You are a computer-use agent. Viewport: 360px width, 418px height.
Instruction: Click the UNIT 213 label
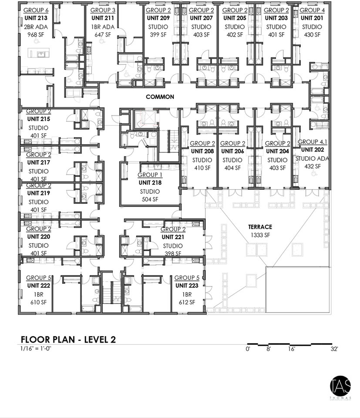pyautogui.click(x=37, y=18)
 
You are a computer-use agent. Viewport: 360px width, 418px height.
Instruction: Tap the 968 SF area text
pyautogui.click(x=37, y=34)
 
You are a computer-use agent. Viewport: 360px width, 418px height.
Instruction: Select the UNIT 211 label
pyautogui.click(x=103, y=18)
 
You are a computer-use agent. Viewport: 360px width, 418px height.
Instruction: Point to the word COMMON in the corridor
pyautogui.click(x=160, y=97)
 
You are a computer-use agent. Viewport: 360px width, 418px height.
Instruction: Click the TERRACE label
pyautogui.click(x=260, y=227)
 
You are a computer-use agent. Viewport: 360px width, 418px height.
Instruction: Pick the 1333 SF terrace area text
pyautogui.click(x=260, y=235)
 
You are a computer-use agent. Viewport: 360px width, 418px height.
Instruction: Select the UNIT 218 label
pyautogui.click(x=150, y=183)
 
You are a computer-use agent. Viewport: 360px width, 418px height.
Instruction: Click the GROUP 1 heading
pyautogui.click(x=150, y=175)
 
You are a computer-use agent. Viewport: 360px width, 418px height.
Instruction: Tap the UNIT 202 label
pyautogui.click(x=312, y=150)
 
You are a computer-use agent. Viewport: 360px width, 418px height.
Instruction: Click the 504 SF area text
pyautogui.click(x=150, y=200)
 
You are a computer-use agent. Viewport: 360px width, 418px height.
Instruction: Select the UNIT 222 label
pyautogui.click(x=38, y=286)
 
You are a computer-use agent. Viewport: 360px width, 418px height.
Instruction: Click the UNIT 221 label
pyautogui.click(x=173, y=237)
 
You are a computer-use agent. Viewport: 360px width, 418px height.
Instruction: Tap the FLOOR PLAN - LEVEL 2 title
pyautogui.click(x=68, y=340)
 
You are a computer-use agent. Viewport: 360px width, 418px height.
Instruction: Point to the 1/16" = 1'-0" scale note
pyautogui.click(x=36, y=349)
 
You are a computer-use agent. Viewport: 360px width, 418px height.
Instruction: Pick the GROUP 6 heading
pyautogui.click(x=36, y=10)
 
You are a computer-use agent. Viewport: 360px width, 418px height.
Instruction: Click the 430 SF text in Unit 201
pyautogui.click(x=312, y=34)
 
